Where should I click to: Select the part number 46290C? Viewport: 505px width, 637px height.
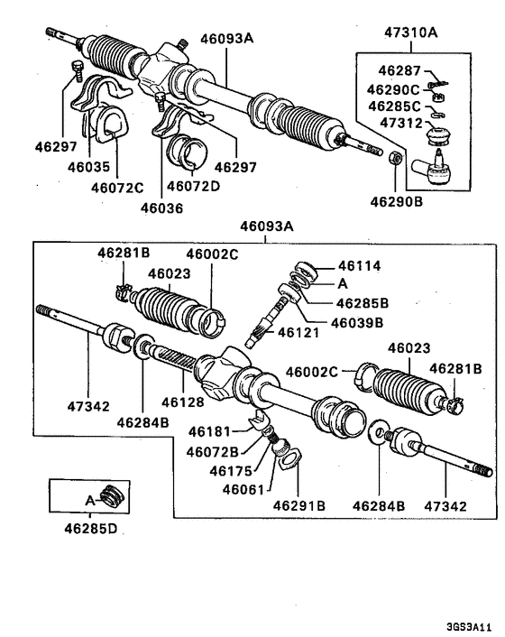(x=391, y=89)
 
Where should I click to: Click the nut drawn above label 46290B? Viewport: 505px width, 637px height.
(x=395, y=159)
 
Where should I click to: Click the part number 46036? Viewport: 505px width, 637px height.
(x=161, y=207)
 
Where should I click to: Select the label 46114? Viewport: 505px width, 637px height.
(x=360, y=266)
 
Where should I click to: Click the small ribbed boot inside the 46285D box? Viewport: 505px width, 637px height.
(x=110, y=497)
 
